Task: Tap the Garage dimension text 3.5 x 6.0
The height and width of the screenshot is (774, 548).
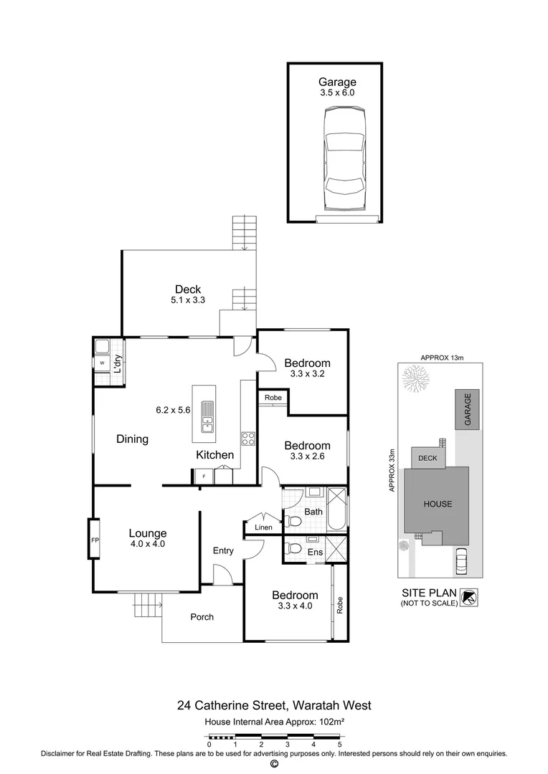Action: [337, 93]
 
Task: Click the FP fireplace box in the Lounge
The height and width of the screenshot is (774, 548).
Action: [94, 539]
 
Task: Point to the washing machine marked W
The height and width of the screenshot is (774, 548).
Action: [102, 363]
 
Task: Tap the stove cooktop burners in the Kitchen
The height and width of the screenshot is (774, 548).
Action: [248, 439]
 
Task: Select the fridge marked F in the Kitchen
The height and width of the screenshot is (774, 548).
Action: [204, 476]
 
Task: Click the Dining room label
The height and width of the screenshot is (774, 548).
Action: [132, 439]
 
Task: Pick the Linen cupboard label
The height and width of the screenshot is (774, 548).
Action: [263, 528]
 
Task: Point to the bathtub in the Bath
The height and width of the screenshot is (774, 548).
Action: [336, 509]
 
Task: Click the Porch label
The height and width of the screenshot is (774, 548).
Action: [202, 617]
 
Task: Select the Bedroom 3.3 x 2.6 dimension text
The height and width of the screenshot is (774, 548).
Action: [307, 457]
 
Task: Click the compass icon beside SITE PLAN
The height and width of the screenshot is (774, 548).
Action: [469, 597]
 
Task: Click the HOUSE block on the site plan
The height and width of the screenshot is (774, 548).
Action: [437, 504]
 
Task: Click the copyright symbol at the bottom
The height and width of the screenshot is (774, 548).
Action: [273, 764]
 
